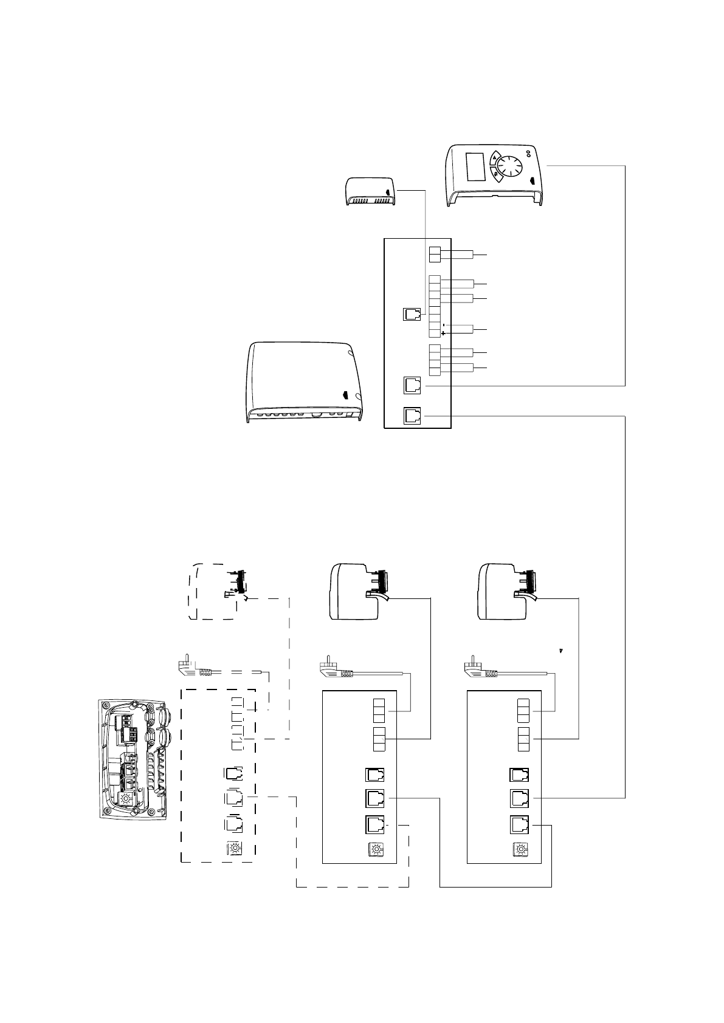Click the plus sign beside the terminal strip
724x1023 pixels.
coord(443,333)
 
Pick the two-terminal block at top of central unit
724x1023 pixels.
coord(435,255)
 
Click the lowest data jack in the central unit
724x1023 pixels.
coord(412,416)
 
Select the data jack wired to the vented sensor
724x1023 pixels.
coord(412,315)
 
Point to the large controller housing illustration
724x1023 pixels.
coord(304,383)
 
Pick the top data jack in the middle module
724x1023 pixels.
coord(374,775)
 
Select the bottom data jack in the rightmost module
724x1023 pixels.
coord(519,824)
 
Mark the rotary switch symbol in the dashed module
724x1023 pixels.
coord(234,848)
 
